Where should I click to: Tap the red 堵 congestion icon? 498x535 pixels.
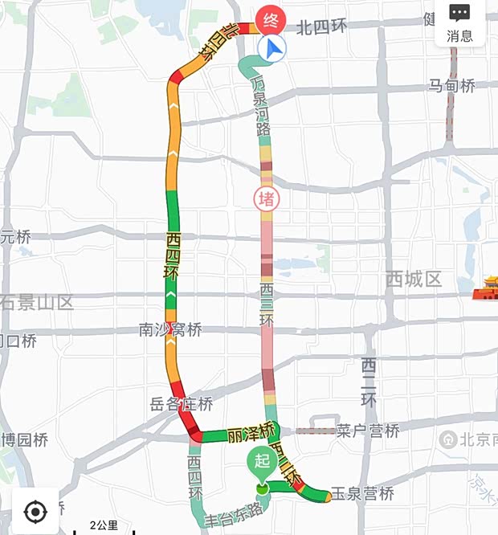coord(267,198)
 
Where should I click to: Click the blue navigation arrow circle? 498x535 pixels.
coord(273,50)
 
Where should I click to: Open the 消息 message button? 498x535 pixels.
coord(459,23)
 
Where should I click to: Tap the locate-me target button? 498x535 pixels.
coord(35,511)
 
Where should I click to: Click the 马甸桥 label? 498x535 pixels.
coord(451,85)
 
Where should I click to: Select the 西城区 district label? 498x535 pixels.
coord(414,280)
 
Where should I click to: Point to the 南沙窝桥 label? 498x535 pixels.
coord(170,329)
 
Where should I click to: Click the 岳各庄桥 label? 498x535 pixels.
coord(182,403)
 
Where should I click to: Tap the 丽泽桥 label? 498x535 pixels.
coord(251,432)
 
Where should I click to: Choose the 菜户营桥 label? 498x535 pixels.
coord(368,431)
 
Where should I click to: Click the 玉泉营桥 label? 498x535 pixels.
coord(362,493)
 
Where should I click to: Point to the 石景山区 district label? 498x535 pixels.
coord(37,303)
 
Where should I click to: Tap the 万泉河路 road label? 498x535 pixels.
coord(260,104)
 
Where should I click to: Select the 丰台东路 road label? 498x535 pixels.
coord(234,511)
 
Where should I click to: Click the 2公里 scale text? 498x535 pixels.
coord(104,526)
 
